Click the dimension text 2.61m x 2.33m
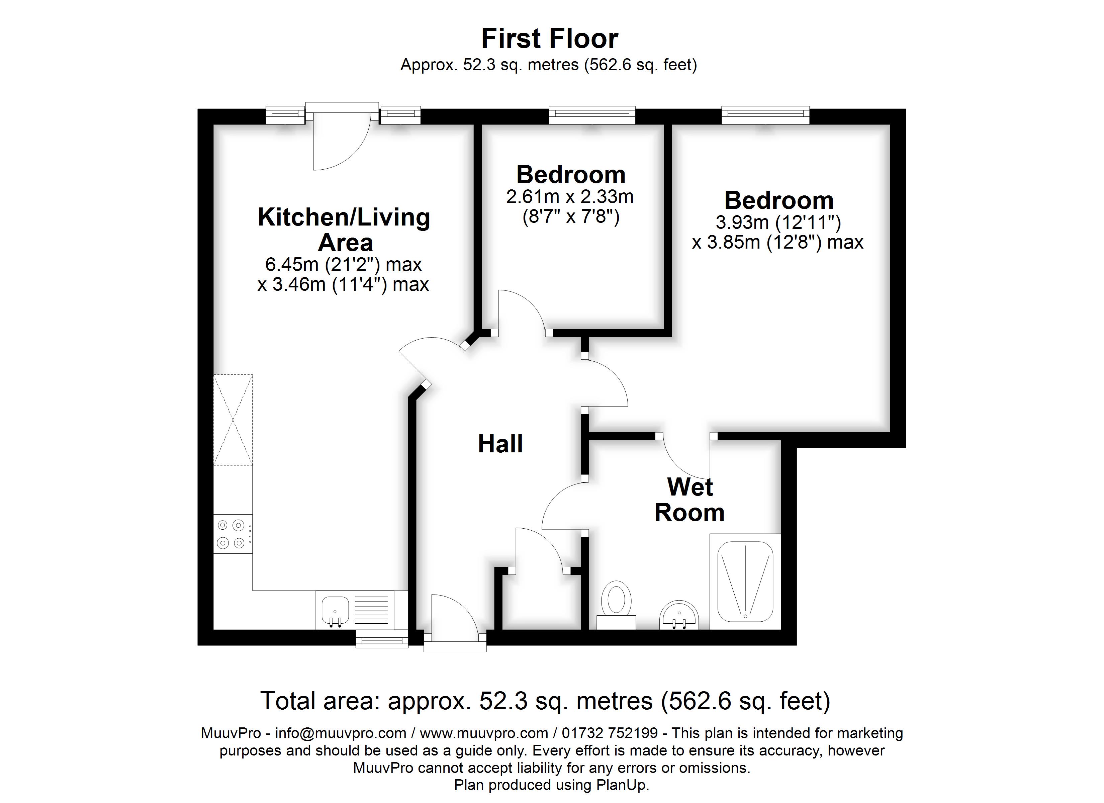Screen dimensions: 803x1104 click(570, 197)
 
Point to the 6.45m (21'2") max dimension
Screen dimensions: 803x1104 click(343, 264)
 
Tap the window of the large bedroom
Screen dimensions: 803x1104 click(765, 114)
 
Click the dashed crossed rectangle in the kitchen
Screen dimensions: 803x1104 click(233, 420)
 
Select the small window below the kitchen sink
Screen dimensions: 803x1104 click(382, 639)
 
